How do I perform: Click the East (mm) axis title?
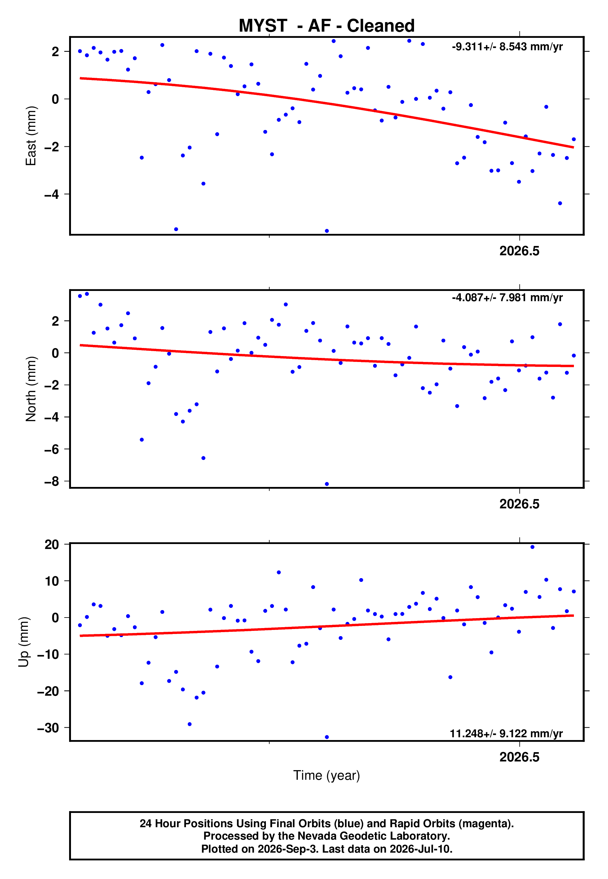click(31, 136)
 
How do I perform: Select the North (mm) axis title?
click(31, 389)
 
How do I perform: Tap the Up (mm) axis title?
click(24, 642)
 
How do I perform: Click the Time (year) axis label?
click(327, 775)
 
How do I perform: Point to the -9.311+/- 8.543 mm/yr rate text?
click(507, 47)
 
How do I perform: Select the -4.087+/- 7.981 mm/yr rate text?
click(507, 297)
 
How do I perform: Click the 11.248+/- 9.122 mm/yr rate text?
click(506, 734)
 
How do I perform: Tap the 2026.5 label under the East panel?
click(519, 251)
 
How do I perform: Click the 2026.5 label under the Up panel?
click(519, 757)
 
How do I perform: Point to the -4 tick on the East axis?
click(51, 194)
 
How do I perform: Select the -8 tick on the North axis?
click(51, 481)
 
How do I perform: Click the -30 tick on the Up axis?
click(48, 728)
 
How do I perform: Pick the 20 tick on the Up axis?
click(52, 544)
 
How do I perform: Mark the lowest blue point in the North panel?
click(327, 484)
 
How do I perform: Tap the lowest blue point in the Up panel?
click(327, 737)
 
